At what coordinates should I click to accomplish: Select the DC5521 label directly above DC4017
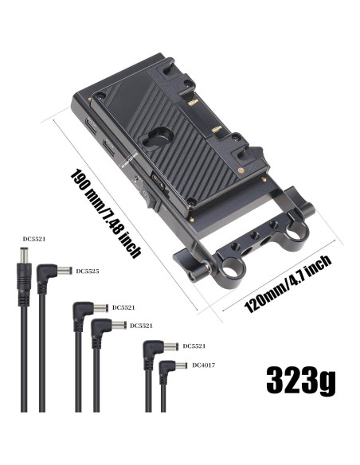(x=194, y=346)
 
